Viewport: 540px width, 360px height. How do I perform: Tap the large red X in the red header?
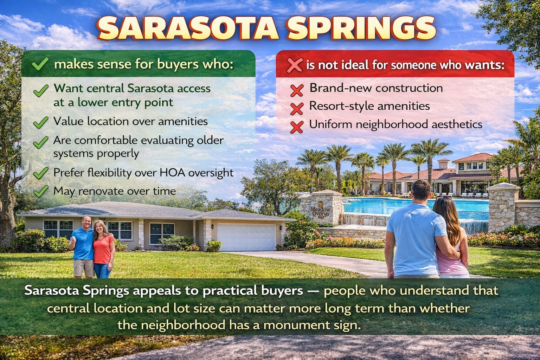(x=295, y=65)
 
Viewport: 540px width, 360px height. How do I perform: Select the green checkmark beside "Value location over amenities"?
(x=41, y=122)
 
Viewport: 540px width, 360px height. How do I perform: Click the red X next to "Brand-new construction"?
(x=297, y=90)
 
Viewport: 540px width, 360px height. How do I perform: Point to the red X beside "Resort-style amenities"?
(x=297, y=108)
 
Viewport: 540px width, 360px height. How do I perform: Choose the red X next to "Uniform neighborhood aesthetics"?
(x=297, y=127)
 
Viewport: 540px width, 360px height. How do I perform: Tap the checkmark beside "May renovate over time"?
(x=41, y=191)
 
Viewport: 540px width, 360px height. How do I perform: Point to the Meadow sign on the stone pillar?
(x=320, y=211)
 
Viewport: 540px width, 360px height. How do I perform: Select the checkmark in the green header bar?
(x=40, y=64)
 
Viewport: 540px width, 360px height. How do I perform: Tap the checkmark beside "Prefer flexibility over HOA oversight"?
(x=41, y=173)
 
